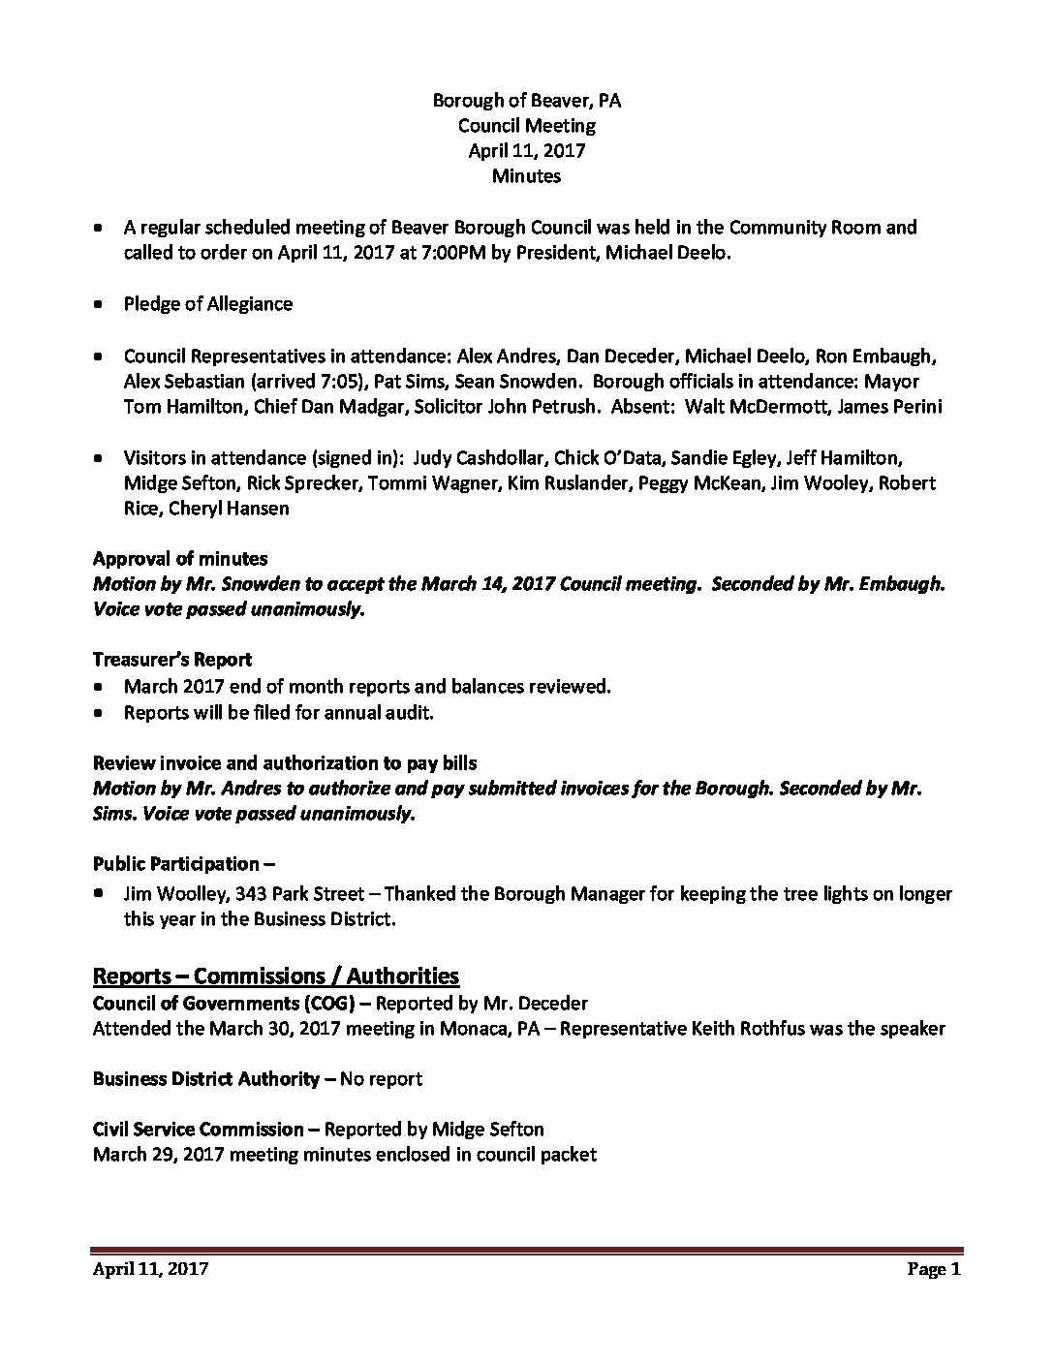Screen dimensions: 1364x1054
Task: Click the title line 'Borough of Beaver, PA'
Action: point(526,100)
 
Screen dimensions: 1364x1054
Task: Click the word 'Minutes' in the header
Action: point(526,176)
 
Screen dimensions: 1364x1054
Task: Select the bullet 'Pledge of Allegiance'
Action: point(207,304)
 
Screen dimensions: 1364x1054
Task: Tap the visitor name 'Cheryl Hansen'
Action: point(229,508)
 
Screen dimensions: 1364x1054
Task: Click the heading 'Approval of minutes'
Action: point(180,559)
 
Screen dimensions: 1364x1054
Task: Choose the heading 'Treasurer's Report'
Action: point(172,660)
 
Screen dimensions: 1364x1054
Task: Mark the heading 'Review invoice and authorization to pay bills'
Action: point(285,763)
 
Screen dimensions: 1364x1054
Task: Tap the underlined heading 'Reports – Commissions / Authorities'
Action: point(275,976)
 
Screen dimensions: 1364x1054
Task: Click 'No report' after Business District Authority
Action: point(380,1078)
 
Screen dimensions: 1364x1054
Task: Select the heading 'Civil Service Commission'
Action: point(198,1129)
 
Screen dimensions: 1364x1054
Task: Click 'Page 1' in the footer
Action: point(933,1269)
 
